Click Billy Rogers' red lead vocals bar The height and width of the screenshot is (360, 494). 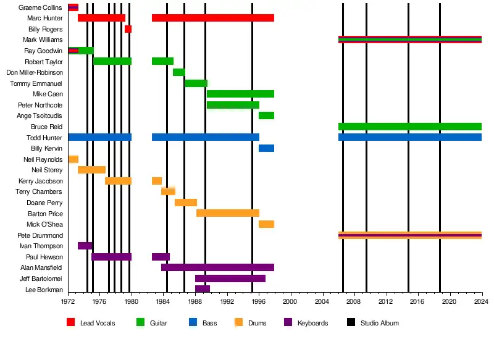pos(128,29)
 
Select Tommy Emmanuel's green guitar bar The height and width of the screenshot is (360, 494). pos(196,83)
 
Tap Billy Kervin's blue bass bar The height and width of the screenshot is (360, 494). pos(266,148)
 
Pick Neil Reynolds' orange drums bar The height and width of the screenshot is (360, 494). pos(73,159)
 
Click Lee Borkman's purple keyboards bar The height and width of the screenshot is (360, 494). pos(203,289)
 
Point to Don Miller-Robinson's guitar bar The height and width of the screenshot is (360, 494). pos(178,72)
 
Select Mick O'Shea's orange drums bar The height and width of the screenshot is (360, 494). pos(266,224)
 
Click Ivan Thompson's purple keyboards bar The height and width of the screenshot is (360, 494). pos(85,246)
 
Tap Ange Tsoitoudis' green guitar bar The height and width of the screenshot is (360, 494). pos(266,115)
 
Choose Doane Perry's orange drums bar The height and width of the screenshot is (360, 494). pos(186,203)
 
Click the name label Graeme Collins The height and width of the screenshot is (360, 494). pos(40,7)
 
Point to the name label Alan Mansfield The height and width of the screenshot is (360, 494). pos(41,267)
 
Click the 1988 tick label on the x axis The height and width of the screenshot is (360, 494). pos(195,301)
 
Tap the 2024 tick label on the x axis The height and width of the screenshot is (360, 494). pos(481,301)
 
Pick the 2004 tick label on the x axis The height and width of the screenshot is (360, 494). pos(322,301)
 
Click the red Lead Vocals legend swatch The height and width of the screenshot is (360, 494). pos(71,322)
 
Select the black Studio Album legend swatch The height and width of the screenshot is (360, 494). pos(351,322)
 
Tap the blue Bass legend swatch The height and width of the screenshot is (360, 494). pos(193,322)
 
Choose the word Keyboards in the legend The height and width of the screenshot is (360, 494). pos(312,323)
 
